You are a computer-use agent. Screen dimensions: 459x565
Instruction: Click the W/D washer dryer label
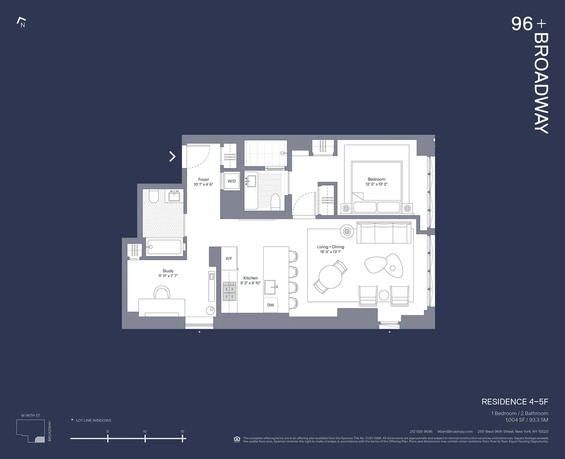[232, 181]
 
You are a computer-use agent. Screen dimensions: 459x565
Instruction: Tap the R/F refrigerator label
[229, 259]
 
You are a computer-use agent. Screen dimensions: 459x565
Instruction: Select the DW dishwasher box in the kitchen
[271, 305]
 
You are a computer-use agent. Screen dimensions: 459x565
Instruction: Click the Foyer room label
[204, 179]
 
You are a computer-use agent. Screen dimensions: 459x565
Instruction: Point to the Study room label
[168, 271]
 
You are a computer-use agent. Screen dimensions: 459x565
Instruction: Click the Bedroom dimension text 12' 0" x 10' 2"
[376, 185]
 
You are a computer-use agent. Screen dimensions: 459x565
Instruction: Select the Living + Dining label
[330, 247]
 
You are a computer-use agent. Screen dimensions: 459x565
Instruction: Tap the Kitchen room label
[250, 278]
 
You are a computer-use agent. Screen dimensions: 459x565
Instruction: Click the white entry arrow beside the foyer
[172, 157]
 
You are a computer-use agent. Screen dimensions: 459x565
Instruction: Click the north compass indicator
[21, 22]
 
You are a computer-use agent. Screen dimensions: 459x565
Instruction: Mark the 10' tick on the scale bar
[145, 439]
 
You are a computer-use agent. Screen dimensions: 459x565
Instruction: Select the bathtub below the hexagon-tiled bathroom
[164, 247]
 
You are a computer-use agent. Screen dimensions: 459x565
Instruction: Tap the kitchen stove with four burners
[229, 291]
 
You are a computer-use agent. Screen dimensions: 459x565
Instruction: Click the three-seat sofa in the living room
[384, 233]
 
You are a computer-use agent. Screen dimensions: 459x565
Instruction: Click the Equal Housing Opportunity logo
[237, 439]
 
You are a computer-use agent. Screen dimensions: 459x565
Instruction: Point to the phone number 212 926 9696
[421, 431]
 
